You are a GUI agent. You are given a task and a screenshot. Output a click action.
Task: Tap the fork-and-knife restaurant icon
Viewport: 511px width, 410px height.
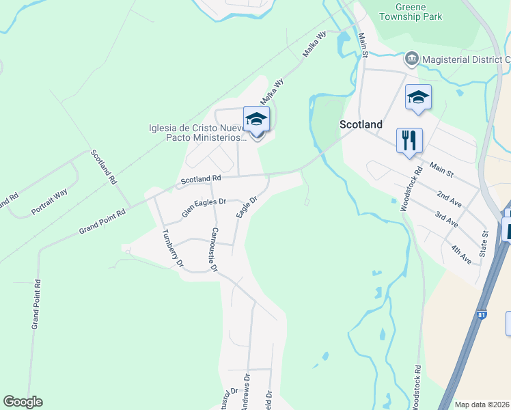point(409,141)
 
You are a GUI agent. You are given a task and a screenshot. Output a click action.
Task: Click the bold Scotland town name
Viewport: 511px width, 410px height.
point(361,124)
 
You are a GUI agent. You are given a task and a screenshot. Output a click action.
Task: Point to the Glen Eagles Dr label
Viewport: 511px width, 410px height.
point(204,207)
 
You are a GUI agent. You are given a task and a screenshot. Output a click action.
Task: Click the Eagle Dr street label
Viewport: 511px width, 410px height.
point(246,207)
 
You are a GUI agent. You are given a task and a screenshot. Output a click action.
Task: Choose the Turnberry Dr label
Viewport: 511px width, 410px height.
point(173,247)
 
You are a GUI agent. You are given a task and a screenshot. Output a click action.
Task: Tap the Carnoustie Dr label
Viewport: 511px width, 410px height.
point(214,249)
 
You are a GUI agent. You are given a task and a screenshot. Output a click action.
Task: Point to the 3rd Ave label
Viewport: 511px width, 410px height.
point(447,219)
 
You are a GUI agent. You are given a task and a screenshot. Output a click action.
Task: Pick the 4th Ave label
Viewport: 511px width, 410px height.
point(460,254)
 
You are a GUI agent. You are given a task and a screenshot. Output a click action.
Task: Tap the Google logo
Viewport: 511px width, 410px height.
point(23,402)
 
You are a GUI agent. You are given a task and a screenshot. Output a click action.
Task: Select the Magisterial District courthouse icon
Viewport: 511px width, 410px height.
point(411,59)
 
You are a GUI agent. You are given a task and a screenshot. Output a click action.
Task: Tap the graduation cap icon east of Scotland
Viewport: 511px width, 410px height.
point(418,97)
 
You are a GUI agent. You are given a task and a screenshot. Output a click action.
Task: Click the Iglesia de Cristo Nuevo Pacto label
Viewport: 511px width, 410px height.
point(197,133)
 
